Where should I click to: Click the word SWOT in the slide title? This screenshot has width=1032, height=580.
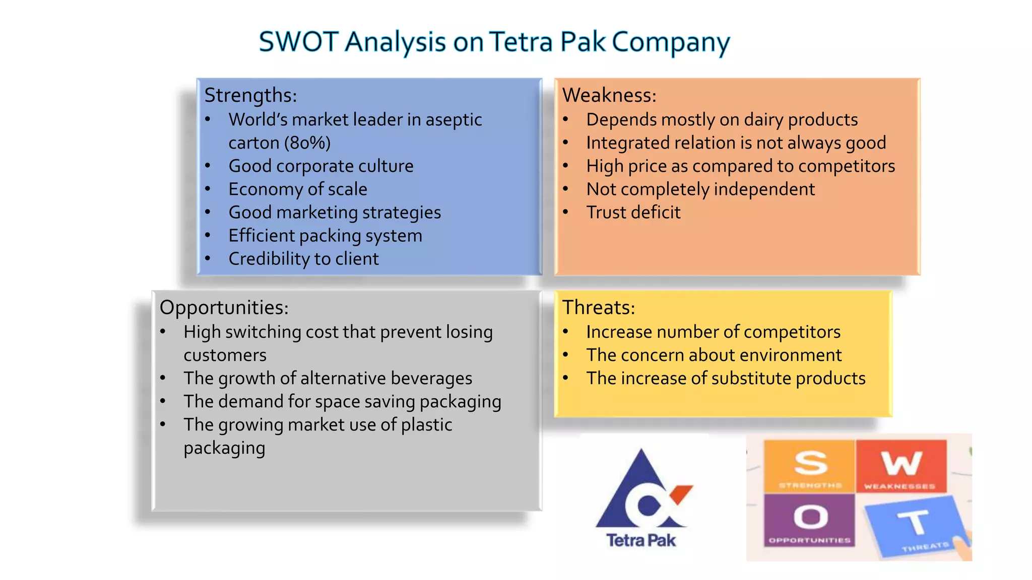(298, 42)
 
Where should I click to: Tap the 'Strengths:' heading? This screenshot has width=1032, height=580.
(250, 95)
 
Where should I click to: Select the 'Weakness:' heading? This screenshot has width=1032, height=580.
(609, 95)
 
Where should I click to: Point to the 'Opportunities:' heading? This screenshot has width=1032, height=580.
(224, 308)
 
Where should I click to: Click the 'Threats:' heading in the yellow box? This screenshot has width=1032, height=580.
(599, 308)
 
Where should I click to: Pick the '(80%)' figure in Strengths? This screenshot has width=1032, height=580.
(307, 143)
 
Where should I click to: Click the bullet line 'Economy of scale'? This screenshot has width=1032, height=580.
(298, 189)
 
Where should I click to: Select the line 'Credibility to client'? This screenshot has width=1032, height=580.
(303, 259)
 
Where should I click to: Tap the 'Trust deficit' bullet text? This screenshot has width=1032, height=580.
(633, 212)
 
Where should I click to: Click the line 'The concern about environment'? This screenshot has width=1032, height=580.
(714, 355)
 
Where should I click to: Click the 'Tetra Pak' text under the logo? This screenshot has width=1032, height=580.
(641, 540)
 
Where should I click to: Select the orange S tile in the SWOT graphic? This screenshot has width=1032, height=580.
(810, 465)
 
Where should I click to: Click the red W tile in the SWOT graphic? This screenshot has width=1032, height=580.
(901, 465)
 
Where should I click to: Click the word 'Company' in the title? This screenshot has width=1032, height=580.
(671, 42)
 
